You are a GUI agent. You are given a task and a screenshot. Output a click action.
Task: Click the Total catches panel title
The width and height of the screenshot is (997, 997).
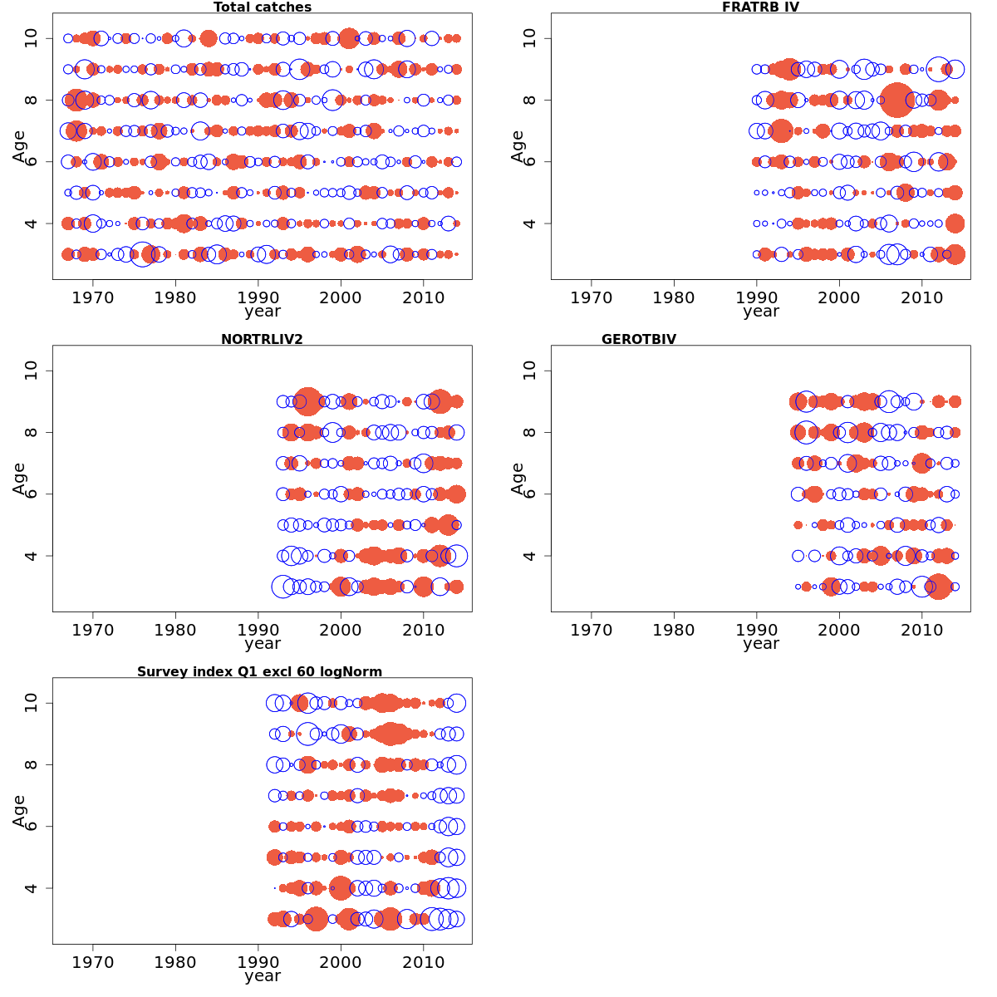[263, 7]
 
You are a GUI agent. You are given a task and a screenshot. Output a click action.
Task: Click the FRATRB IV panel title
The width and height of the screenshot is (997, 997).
[760, 7]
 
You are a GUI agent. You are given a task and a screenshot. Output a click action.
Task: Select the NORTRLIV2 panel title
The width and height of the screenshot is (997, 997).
[263, 339]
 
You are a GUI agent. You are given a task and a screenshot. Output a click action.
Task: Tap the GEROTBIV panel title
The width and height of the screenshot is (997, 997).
[639, 339]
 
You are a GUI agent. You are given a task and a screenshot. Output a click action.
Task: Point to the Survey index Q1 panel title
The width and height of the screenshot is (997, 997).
[260, 671]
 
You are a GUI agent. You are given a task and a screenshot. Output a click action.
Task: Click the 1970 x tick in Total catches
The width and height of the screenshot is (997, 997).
[92, 297]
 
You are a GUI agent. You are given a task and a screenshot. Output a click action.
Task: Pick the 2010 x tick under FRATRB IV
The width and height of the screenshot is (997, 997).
[921, 297]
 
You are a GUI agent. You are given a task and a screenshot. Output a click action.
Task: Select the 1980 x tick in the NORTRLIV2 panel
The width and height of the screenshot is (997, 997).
[175, 630]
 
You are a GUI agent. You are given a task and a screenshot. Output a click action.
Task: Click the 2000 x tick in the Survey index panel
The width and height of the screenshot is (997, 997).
[341, 962]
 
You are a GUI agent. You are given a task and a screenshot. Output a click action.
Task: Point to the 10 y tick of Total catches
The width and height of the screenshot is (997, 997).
[32, 38]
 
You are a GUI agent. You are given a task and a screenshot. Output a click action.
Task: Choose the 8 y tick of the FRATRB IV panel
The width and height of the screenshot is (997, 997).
[530, 100]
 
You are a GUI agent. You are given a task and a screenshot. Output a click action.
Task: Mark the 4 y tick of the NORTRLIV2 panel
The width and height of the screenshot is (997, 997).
[32, 556]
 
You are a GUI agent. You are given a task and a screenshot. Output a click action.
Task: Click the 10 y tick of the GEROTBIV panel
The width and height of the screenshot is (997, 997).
[530, 371]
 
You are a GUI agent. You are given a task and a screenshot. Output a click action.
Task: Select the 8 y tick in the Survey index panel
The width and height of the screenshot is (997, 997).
[32, 764]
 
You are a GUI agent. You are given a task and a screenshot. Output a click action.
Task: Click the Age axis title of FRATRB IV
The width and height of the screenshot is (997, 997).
[518, 146]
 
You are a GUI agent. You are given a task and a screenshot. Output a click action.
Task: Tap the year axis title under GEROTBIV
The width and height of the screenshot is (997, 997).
[760, 643]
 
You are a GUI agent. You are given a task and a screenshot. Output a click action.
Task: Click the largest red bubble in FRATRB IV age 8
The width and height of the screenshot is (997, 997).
[896, 100]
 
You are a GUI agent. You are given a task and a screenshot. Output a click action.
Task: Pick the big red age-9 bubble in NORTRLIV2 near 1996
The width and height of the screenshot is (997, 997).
[308, 401]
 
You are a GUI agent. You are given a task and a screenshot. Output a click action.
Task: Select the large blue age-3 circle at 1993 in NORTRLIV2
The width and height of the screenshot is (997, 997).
[282, 587]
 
